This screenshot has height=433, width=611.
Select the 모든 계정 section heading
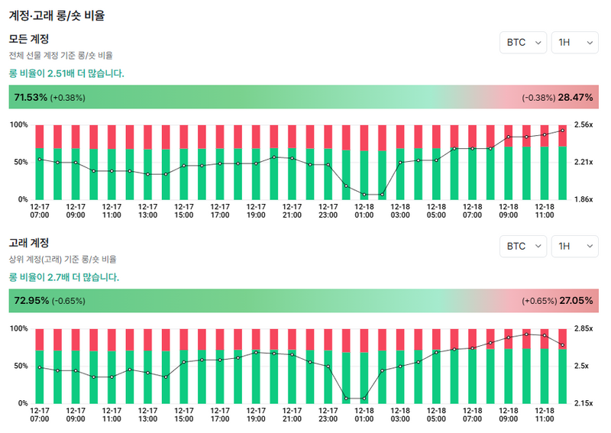click(x=29, y=39)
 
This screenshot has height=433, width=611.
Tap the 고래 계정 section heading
click(x=29, y=243)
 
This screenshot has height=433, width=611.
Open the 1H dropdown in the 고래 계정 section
click(x=574, y=247)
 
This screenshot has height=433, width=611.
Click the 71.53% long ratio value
click(x=31, y=98)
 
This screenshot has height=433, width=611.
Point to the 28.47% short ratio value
click(x=575, y=98)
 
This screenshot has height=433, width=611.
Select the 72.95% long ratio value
click(x=31, y=301)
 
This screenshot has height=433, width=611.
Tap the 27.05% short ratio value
click(x=576, y=301)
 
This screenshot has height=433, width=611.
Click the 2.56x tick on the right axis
click(x=584, y=124)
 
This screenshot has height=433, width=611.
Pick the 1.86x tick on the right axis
click(x=584, y=199)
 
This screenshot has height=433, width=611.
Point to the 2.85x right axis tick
click(x=584, y=328)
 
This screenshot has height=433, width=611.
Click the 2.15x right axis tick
click(x=584, y=403)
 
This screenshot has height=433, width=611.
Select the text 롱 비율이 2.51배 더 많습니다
click(x=66, y=73)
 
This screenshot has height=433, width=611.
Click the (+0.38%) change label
click(x=68, y=98)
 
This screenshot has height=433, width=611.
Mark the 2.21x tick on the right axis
click(x=584, y=162)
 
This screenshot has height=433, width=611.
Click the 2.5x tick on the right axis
click(x=582, y=366)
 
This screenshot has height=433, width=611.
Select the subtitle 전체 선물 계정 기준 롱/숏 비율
click(x=60, y=56)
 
